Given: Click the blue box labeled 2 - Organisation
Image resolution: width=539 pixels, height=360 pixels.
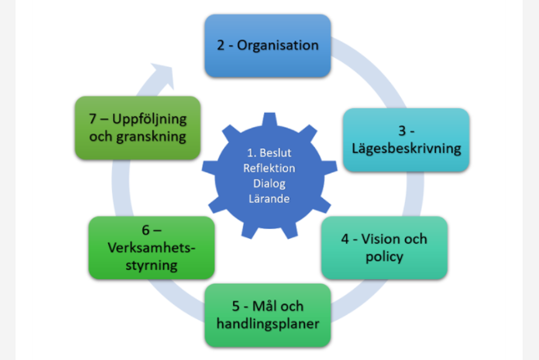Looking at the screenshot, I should tap(267, 46).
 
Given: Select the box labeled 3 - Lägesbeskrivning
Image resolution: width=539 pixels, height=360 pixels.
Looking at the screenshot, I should tap(406, 139).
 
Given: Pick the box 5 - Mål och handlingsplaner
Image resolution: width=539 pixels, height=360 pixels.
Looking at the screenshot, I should tap(267, 315).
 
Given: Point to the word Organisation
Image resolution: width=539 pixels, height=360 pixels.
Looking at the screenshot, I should tap(280, 46).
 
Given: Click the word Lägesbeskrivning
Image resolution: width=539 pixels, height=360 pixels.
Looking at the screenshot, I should tap(406, 150).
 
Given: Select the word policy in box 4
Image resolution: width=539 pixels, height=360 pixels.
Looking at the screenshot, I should tap(384, 258).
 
